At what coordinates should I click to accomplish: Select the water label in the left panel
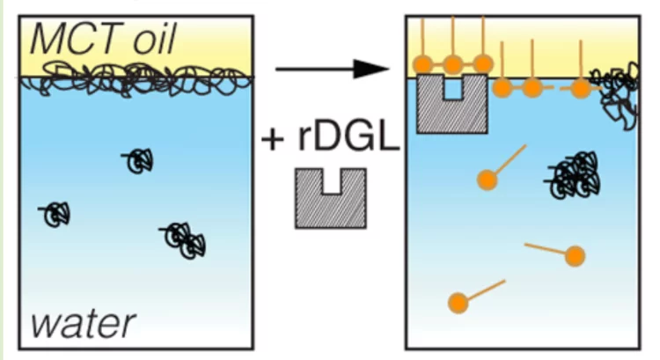click(x=84, y=323)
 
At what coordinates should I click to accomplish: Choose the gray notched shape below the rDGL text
click(x=331, y=199)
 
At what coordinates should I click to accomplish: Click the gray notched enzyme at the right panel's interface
click(x=452, y=103)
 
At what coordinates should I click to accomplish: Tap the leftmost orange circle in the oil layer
click(x=423, y=63)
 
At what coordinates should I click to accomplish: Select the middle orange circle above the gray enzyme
click(x=453, y=63)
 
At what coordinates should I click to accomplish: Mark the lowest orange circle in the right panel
click(x=458, y=304)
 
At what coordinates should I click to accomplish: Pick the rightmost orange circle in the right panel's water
click(x=575, y=256)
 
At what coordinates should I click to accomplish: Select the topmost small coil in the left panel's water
click(x=139, y=160)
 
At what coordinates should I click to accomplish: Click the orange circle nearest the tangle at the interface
click(x=581, y=88)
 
